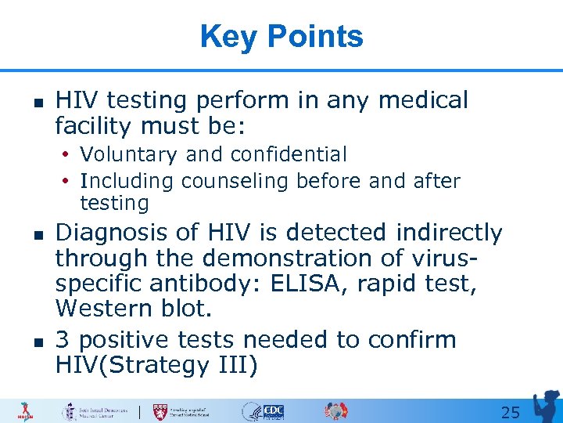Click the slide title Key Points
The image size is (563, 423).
281,37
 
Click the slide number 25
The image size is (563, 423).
511,412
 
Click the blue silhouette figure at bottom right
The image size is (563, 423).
545,406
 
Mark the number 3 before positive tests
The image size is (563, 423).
63,340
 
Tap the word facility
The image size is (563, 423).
92,125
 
